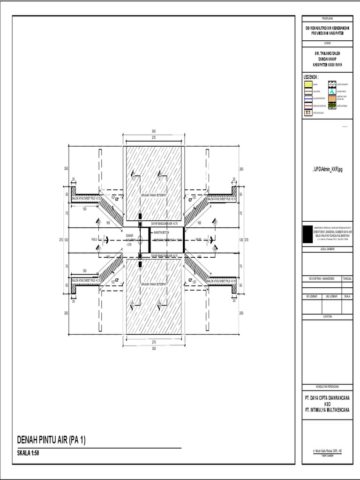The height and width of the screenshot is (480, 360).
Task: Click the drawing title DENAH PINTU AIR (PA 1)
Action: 52,440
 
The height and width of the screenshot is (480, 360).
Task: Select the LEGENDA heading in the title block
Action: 312,77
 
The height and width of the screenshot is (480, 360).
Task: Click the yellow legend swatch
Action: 308,85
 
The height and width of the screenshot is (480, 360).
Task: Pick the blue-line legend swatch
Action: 308,99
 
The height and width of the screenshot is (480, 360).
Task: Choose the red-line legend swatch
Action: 308,106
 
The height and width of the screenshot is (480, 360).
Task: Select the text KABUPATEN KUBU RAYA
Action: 327,65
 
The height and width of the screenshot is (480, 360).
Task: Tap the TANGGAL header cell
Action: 348,278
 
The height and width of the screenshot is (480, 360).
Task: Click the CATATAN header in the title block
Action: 327,317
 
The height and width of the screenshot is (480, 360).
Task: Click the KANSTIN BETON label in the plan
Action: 162,232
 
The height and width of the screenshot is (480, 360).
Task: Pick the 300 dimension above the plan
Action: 154,131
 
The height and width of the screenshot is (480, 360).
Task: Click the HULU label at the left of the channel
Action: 94,240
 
